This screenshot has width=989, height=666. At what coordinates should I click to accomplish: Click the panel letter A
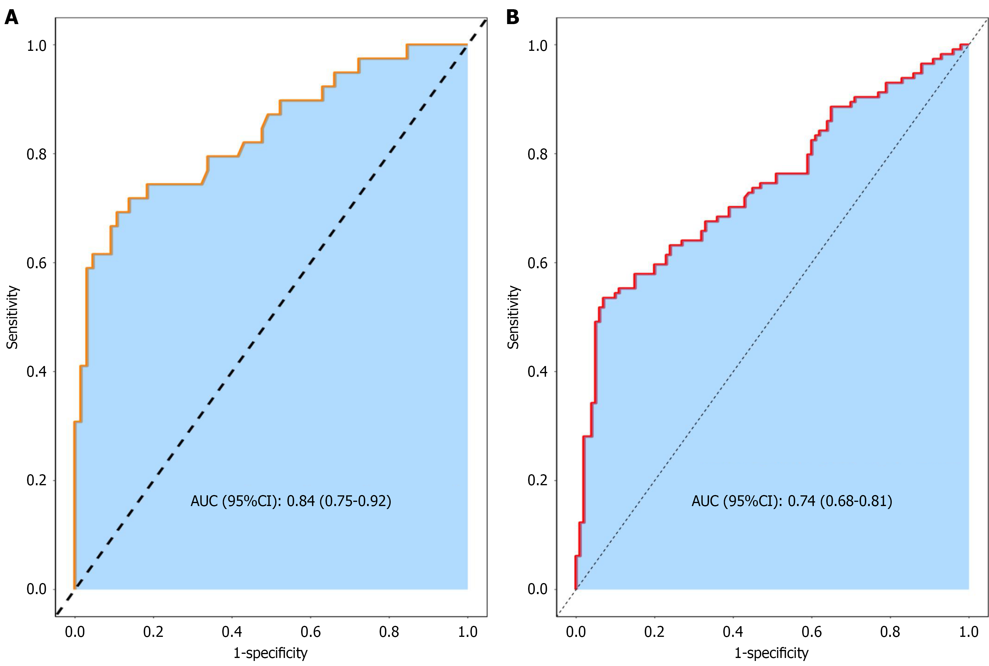[x=12, y=18]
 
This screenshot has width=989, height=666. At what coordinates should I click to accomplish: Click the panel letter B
[x=513, y=18]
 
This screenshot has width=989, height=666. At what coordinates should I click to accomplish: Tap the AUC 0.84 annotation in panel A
[x=291, y=501]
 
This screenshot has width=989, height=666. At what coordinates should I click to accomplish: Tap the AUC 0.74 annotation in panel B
[x=791, y=501]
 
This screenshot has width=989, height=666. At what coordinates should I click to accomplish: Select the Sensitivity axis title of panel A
[x=12, y=317]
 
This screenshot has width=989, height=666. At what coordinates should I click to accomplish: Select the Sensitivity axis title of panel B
[x=514, y=317]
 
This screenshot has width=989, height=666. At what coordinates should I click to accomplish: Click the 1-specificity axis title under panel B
[x=772, y=652]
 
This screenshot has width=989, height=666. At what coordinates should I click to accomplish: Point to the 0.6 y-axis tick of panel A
[x=37, y=263]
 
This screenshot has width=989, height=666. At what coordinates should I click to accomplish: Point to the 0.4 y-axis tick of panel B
[x=538, y=372]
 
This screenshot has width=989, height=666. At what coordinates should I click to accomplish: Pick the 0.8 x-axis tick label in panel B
[x=890, y=632]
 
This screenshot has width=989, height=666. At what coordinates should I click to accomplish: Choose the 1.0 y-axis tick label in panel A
[x=37, y=45]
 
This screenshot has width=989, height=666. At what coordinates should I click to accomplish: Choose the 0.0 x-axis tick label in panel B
[x=576, y=632]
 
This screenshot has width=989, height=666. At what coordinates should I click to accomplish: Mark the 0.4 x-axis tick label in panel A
[x=232, y=632]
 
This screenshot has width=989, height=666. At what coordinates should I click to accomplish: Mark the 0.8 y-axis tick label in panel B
[x=538, y=154]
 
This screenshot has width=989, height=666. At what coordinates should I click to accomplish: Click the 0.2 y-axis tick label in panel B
[x=538, y=480]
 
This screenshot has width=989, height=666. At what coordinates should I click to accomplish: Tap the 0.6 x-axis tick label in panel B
[x=811, y=632]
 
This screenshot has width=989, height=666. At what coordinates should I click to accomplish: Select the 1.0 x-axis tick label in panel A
[x=467, y=632]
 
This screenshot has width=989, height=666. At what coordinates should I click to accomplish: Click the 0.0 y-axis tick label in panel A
[x=37, y=589]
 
